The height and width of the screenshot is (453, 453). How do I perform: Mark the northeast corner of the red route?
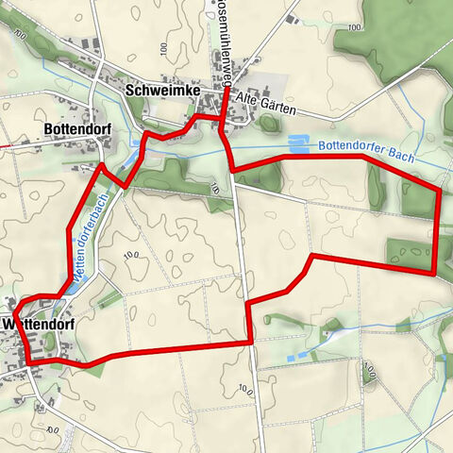pyautogui.click(x=439, y=191)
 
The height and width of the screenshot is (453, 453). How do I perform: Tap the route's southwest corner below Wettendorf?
pyautogui.click(x=29, y=361)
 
